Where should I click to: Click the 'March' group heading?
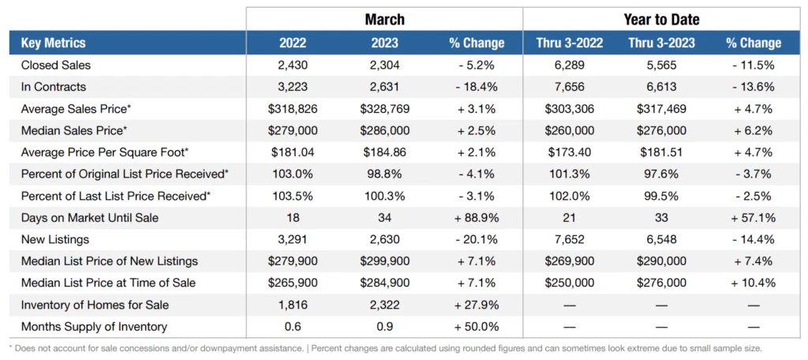tap(384, 19)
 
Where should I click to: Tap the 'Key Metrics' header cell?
tap(54, 43)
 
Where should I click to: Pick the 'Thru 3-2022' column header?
tap(568, 43)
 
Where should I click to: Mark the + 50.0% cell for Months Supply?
tap(476, 326)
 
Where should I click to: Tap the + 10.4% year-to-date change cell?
tap(752, 283)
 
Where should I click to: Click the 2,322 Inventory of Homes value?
tap(384, 305)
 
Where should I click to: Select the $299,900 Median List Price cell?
tap(384, 261)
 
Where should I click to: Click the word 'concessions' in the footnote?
tap(148, 347)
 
